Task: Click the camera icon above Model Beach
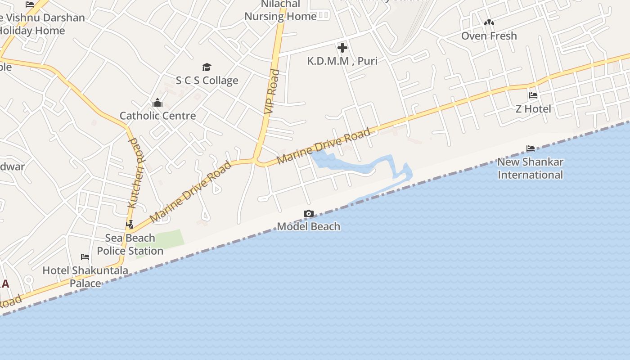[x=309, y=213]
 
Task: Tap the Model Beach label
[x=309, y=226]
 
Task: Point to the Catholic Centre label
[x=157, y=116]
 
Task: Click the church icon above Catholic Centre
[x=157, y=103]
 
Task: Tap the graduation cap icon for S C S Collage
[x=207, y=67]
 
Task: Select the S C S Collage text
[x=207, y=81]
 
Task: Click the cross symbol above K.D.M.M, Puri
[x=342, y=48]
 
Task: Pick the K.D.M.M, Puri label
[x=342, y=61]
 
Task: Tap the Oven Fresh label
[x=489, y=36]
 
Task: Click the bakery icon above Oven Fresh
[x=489, y=22]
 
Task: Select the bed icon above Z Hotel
[x=533, y=95]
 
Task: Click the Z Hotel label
[x=533, y=109]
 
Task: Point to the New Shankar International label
[x=531, y=168]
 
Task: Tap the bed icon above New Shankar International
[x=531, y=148]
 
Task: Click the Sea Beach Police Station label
[x=130, y=244]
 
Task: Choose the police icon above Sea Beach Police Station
[x=130, y=224]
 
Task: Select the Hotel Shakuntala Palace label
[x=85, y=277]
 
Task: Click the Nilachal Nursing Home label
[x=281, y=11]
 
